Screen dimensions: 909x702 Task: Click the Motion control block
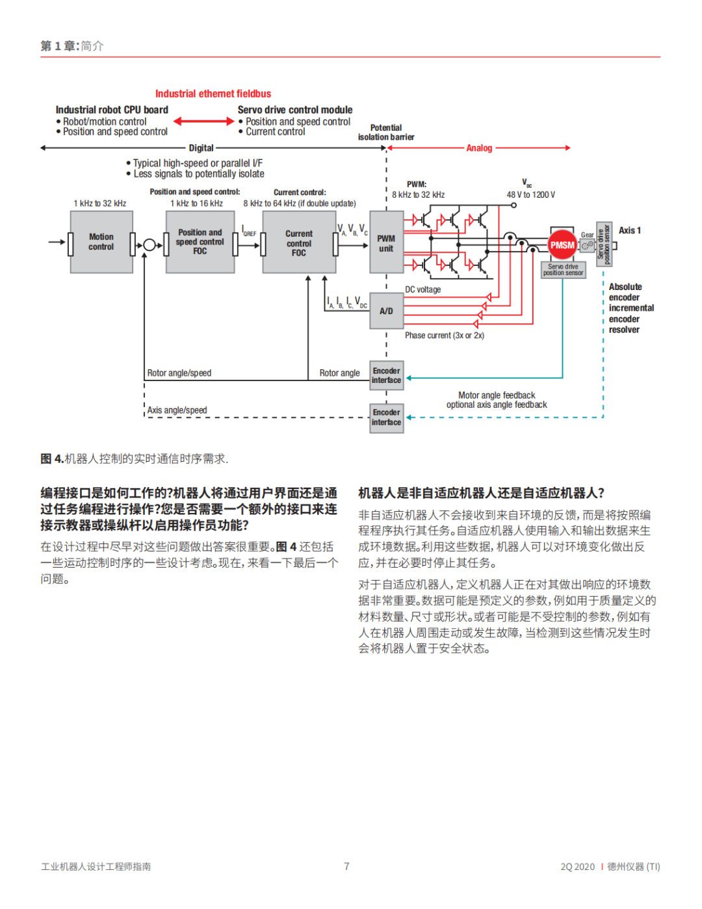[101, 242]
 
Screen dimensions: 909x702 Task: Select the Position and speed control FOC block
[200, 242]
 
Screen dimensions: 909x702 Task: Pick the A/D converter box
[386, 311]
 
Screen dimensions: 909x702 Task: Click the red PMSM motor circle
[562, 245]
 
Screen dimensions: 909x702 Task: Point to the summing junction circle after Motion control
[149, 245]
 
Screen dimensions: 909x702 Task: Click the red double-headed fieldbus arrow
[203, 121]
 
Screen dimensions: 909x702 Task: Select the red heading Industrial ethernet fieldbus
[213, 94]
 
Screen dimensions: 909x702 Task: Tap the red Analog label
[479, 148]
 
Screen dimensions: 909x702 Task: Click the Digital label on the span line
[201, 148]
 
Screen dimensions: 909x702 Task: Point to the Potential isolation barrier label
[386, 133]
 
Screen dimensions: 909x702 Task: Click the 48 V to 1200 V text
[531, 194]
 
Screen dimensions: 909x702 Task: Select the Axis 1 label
[629, 230]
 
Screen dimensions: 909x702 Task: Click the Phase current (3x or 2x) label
[445, 336]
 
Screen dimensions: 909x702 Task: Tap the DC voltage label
[423, 289]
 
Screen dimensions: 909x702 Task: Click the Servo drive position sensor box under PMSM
[563, 270]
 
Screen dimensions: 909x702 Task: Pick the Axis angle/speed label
[177, 410]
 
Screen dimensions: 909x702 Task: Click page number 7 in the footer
[347, 866]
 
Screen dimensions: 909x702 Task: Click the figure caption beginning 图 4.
[134, 459]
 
